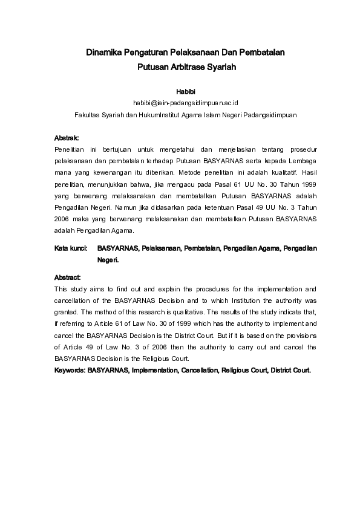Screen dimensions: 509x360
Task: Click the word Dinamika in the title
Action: [x=104, y=53]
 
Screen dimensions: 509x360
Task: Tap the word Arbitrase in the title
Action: [x=190, y=68]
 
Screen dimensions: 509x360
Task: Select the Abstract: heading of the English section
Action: [x=68, y=277]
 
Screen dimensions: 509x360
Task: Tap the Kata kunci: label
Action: [x=71, y=248]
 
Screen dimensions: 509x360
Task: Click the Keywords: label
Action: [x=70, y=370]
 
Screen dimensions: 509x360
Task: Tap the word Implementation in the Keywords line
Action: [x=151, y=370]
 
